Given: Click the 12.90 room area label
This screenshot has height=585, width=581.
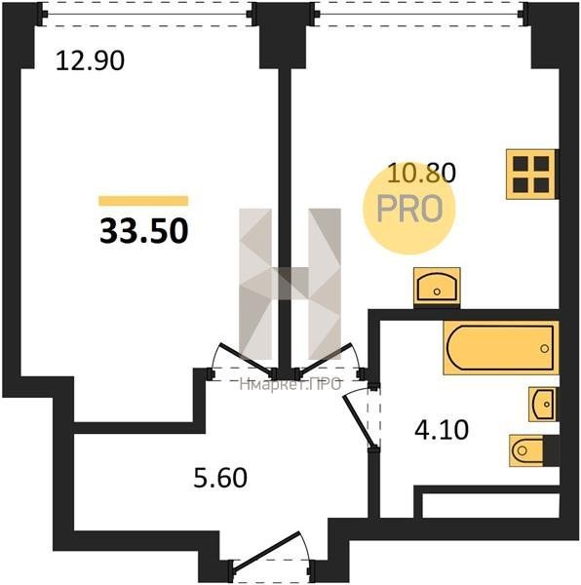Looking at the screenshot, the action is pyautogui.click(x=90, y=60).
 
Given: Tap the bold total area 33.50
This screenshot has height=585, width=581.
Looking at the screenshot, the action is pyautogui.click(x=144, y=230).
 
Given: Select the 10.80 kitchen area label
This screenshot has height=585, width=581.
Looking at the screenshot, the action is pyautogui.click(x=422, y=174).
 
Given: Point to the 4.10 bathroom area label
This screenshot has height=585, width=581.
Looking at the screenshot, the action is pyautogui.click(x=442, y=430).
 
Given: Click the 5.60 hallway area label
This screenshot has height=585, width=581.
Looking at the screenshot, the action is pyautogui.click(x=220, y=478).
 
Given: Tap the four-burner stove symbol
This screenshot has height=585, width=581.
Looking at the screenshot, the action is pyautogui.click(x=531, y=175).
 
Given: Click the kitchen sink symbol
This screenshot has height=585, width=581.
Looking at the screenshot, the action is pyautogui.click(x=437, y=288).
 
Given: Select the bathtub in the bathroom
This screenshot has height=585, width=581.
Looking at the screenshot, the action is pyautogui.click(x=500, y=348).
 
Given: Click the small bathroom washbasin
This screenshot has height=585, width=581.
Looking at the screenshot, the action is pyautogui.click(x=543, y=405).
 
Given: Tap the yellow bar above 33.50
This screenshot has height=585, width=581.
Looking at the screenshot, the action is pyautogui.click(x=143, y=201).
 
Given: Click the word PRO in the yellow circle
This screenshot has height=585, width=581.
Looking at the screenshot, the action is pyautogui.click(x=409, y=209).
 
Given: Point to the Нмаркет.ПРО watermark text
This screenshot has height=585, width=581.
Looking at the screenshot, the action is pyautogui.click(x=290, y=384).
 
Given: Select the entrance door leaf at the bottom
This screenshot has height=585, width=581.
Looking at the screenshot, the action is pyautogui.click(x=266, y=552).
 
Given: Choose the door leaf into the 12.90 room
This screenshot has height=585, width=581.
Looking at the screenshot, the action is pyautogui.click(x=247, y=359).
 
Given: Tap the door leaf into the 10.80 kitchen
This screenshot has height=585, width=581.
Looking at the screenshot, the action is pyautogui.click(x=326, y=359).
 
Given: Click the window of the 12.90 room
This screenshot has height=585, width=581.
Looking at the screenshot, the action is pyautogui.click(x=147, y=15).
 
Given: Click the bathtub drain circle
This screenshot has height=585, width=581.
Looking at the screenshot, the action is pyautogui.click(x=545, y=348).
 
